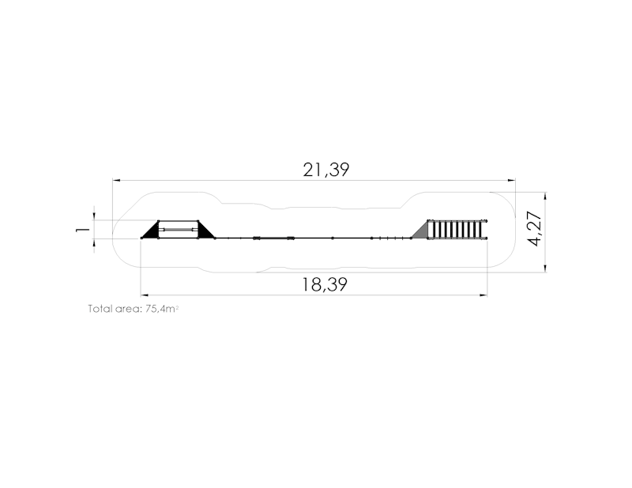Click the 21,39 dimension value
(x=325, y=170)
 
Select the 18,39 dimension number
(x=325, y=284)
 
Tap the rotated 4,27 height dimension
(x=536, y=228)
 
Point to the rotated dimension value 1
(x=83, y=229)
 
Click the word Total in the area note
(x=100, y=309)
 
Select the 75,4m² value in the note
(x=162, y=309)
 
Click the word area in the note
(x=129, y=309)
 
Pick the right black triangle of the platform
(x=205, y=231)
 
